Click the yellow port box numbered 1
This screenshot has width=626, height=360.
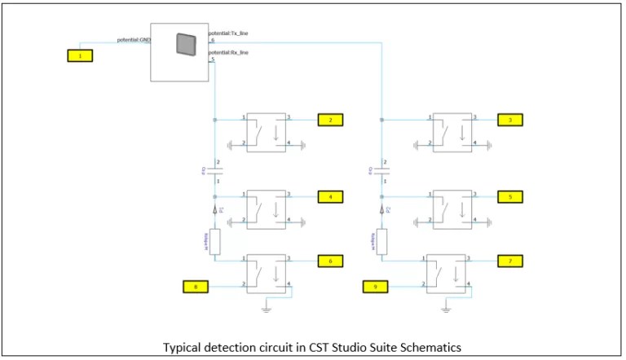pos(80,55)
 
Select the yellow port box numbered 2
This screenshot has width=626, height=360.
pos(330,120)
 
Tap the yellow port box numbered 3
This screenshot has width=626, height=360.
pos(509,120)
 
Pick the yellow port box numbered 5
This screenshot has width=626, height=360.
pos(509,196)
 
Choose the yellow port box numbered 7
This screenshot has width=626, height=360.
pos(509,261)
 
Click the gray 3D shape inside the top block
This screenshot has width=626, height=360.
pos(186,44)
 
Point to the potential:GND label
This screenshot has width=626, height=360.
pos(134,39)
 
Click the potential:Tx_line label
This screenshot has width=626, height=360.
pos(228,33)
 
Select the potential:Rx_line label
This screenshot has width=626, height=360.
pos(228,52)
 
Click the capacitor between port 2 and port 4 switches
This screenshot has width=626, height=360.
pos(214,171)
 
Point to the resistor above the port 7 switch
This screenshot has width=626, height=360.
pos(382,240)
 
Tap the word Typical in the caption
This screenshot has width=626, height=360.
pos(183,347)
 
